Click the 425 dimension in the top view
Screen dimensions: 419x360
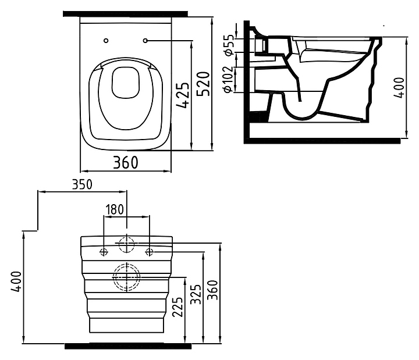[x=183, y=95]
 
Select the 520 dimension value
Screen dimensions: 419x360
[x=203, y=84]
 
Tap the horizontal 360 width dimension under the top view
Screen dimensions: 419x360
[x=126, y=162]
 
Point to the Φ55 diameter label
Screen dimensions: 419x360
[x=229, y=45]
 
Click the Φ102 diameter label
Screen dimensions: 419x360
[x=229, y=80]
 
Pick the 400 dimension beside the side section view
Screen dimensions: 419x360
[x=399, y=88]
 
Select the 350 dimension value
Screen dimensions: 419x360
[x=82, y=184]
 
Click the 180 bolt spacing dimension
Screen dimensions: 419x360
[x=115, y=209]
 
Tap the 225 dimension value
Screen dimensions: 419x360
[x=178, y=307]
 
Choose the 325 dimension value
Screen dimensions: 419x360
[x=196, y=294]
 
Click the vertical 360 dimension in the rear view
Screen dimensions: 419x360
[x=213, y=290]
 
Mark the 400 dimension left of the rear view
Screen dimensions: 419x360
[x=16, y=281]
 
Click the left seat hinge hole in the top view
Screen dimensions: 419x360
[x=106, y=41]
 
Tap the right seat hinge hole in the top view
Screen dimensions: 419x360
[x=145, y=41]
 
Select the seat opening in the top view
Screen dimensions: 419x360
[x=125, y=82]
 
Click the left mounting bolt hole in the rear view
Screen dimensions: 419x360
[x=104, y=251]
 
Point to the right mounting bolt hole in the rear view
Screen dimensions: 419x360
[x=149, y=251]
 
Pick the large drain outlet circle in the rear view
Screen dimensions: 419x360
[x=126, y=277]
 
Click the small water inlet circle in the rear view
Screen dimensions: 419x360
[x=126, y=244]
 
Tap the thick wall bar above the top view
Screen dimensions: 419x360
[x=125, y=14]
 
